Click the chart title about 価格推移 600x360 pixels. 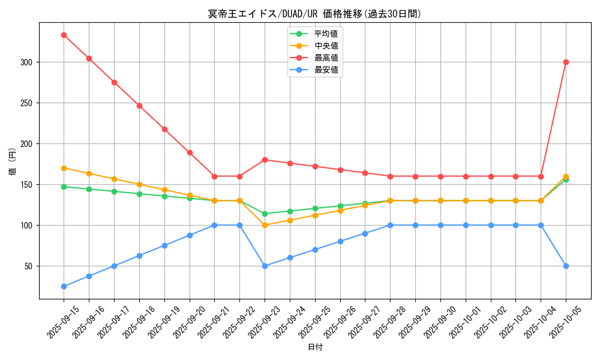(314, 14)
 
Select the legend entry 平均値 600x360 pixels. (326, 34)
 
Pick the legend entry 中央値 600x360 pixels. (326, 46)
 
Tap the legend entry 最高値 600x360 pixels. (326, 58)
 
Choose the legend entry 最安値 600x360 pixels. (326, 70)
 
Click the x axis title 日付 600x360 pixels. (315, 347)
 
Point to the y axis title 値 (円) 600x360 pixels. (13, 161)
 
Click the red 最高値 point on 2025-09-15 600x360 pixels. (64, 35)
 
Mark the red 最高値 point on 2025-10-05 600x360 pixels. (566, 62)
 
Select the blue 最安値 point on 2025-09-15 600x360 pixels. (64, 286)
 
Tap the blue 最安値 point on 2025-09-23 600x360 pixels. (265, 266)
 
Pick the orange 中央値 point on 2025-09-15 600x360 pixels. (64, 168)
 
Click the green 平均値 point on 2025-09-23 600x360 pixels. (265, 214)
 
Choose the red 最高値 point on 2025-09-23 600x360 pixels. (265, 160)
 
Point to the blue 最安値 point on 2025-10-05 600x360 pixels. (566, 266)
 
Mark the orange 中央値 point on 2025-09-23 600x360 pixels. (265, 225)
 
